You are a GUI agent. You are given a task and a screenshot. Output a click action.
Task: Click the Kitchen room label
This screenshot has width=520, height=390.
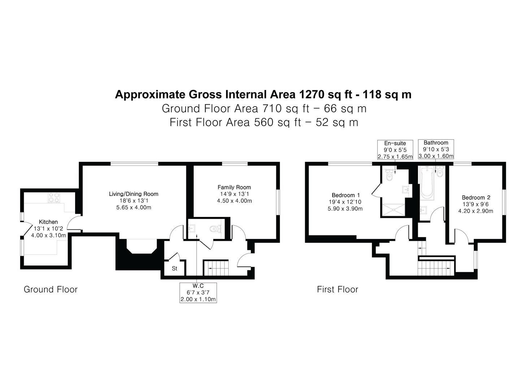(x=48, y=222)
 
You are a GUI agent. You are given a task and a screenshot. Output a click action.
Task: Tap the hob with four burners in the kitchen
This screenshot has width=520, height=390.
(x=54, y=198)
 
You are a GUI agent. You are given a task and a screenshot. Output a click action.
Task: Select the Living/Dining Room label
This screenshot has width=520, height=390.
(x=134, y=194)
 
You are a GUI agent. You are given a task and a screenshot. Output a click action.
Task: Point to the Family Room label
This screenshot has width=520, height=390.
(x=234, y=187)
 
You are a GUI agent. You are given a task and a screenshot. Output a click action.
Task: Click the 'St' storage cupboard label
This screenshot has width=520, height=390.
(x=174, y=269)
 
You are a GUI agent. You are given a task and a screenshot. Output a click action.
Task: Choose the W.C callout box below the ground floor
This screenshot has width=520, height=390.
(x=198, y=292)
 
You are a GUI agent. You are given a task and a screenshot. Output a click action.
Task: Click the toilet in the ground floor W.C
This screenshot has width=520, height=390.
(x=215, y=229)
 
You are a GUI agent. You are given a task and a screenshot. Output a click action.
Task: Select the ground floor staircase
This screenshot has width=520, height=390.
(x=216, y=268)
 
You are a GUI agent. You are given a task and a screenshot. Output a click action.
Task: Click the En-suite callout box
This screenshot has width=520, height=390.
(x=395, y=149)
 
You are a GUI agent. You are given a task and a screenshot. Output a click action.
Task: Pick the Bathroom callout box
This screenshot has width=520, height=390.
(x=436, y=149)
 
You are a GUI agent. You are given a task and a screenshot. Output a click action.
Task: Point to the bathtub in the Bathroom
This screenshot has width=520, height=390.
(x=427, y=183)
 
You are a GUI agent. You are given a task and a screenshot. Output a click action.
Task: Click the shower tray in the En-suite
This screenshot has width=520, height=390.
(x=394, y=210)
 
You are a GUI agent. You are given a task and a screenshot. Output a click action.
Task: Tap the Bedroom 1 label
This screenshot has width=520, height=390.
(x=346, y=195)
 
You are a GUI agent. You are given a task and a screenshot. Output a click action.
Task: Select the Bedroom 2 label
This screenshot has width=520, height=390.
(x=476, y=198)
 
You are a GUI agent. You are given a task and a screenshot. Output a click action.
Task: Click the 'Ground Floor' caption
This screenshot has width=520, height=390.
(x=51, y=289)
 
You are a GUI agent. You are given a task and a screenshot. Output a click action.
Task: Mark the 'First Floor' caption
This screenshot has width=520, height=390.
(x=337, y=289)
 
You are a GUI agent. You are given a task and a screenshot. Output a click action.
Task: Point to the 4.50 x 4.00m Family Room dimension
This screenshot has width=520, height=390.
(x=234, y=201)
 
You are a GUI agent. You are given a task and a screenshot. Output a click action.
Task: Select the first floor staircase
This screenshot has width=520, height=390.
(x=436, y=269)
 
